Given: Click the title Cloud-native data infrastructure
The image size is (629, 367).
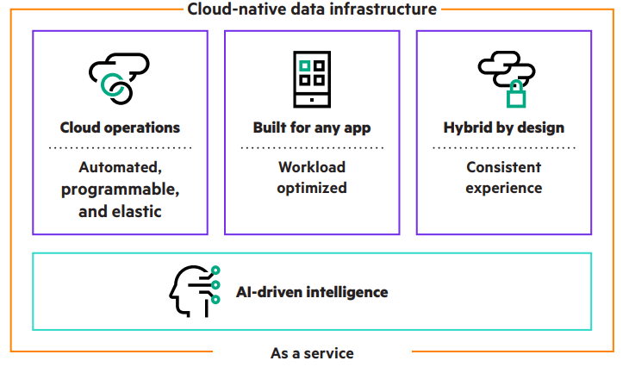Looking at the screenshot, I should [x=312, y=9].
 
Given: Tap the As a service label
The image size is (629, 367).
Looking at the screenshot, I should [x=312, y=352].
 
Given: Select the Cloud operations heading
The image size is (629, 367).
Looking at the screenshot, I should [x=120, y=128].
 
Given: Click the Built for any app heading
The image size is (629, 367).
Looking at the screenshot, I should [x=312, y=128].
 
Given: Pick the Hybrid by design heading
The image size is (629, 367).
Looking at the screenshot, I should [x=504, y=128].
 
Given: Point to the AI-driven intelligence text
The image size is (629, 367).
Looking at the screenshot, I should [x=312, y=292].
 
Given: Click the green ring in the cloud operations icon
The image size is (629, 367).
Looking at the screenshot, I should [x=112, y=85].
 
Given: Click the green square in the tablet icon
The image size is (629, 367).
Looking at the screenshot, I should [x=304, y=65].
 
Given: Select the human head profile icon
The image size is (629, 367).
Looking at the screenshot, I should [x=187, y=291].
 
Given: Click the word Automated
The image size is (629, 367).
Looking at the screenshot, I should [x=120, y=167].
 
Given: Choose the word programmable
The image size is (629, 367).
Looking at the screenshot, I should [x=120, y=188].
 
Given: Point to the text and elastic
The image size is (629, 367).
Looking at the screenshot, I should [x=120, y=209].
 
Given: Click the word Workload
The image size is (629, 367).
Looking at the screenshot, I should [x=312, y=167].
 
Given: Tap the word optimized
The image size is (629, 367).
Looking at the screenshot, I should [x=312, y=188].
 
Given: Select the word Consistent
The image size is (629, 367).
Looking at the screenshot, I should [x=504, y=167].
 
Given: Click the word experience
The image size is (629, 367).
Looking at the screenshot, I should [x=504, y=188].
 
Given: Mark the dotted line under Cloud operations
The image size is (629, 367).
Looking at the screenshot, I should [x=120, y=148].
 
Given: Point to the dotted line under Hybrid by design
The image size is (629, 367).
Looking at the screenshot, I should [x=504, y=148].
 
